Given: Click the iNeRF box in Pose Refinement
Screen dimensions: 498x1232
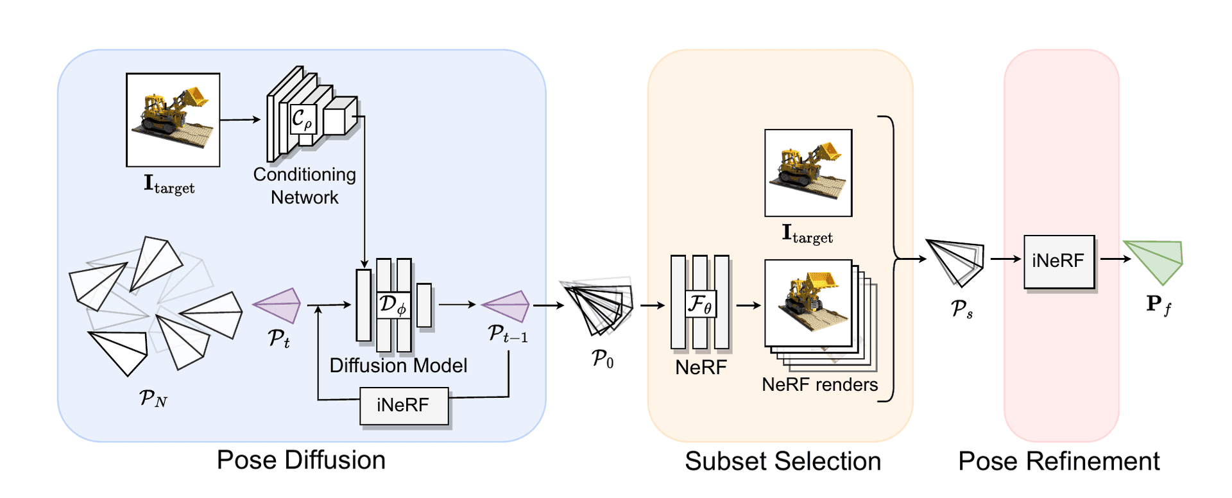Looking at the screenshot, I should pos(1059,261).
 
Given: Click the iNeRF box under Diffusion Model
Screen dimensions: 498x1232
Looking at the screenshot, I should pos(404,406).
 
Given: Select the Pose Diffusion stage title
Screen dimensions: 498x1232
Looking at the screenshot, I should pos(301,460).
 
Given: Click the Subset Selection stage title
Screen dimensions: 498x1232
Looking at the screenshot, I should pos(783,461).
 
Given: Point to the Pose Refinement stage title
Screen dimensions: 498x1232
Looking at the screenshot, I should pos(1059,461).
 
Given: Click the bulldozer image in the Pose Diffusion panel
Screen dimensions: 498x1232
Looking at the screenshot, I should pos(173,120).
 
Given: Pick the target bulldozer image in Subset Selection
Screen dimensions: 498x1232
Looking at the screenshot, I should pos(808,173).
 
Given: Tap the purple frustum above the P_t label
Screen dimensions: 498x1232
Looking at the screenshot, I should pos(277,305).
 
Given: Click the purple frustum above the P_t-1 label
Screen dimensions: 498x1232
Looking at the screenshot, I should pos(506,306).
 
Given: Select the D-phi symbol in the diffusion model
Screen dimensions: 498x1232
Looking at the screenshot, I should pos(393,305).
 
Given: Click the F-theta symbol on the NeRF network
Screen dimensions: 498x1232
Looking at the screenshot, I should pos(699,304).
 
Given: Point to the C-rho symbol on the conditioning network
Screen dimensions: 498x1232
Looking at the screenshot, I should pos(302,119).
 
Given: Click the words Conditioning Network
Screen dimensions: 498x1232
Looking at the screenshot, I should pos(305,185).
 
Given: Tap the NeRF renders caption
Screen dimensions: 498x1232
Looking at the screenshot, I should pos(819,384).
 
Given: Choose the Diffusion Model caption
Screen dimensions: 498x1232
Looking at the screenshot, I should pos(398,366).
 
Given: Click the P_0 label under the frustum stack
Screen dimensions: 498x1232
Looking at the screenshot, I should pos(603,358).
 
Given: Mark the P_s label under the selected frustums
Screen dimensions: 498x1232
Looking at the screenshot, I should pos(961,309).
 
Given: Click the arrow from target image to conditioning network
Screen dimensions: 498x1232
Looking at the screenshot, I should pos(241,119).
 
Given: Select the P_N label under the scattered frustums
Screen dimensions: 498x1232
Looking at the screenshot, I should pos(153,399).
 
